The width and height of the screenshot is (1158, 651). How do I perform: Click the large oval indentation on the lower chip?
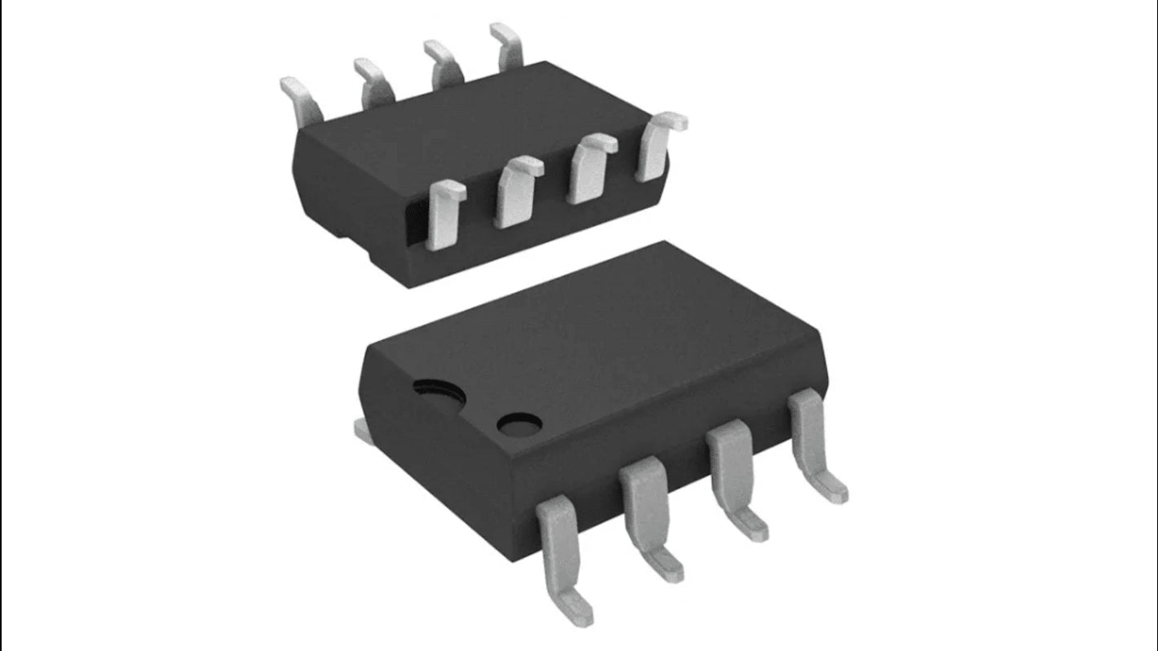(x=439, y=394)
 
